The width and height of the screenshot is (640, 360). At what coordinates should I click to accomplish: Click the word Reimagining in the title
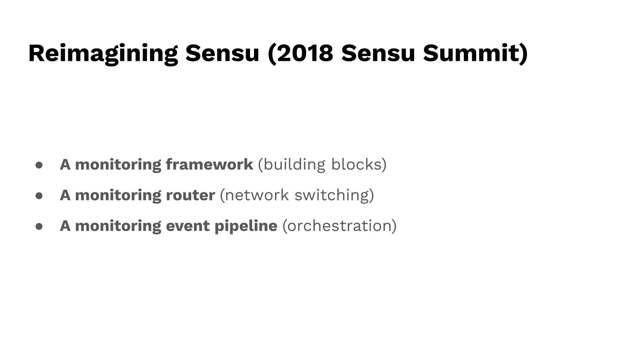103,54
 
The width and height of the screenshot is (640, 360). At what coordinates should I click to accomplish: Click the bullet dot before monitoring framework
39,165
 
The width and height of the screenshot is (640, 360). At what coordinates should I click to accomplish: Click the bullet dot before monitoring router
39,196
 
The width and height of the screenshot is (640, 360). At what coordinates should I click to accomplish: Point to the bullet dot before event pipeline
39,226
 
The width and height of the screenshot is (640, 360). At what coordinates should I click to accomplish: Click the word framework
209,164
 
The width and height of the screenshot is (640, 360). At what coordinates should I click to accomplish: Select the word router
190,195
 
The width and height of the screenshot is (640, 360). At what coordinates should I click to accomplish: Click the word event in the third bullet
187,226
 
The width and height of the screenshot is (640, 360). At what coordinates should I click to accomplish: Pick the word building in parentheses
294,165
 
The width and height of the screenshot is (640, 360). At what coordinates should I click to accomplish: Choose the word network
257,195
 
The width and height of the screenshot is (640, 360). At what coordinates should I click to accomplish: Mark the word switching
332,195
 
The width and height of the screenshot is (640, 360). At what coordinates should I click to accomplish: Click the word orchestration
339,226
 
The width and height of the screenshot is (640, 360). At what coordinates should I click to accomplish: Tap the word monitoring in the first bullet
118,165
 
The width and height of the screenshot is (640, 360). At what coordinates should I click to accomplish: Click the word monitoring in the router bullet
118,195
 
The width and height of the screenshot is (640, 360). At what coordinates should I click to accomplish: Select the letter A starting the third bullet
65,226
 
